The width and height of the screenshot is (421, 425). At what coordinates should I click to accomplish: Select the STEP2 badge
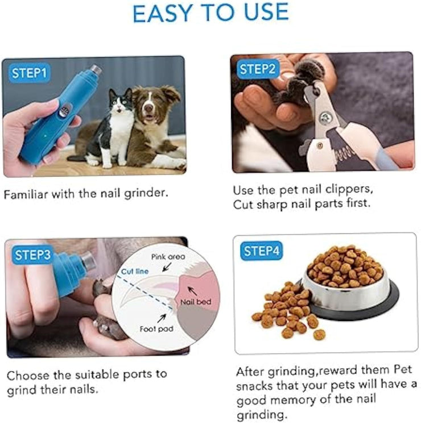point(258,70)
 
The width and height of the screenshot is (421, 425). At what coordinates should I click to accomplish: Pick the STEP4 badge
point(262,251)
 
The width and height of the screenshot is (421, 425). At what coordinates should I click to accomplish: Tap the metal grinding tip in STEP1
point(96,71)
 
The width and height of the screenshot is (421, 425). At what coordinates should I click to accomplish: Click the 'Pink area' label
point(168,257)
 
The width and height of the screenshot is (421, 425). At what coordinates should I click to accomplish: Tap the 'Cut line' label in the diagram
point(135,272)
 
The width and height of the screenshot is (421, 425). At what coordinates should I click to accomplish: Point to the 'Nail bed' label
point(196,302)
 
